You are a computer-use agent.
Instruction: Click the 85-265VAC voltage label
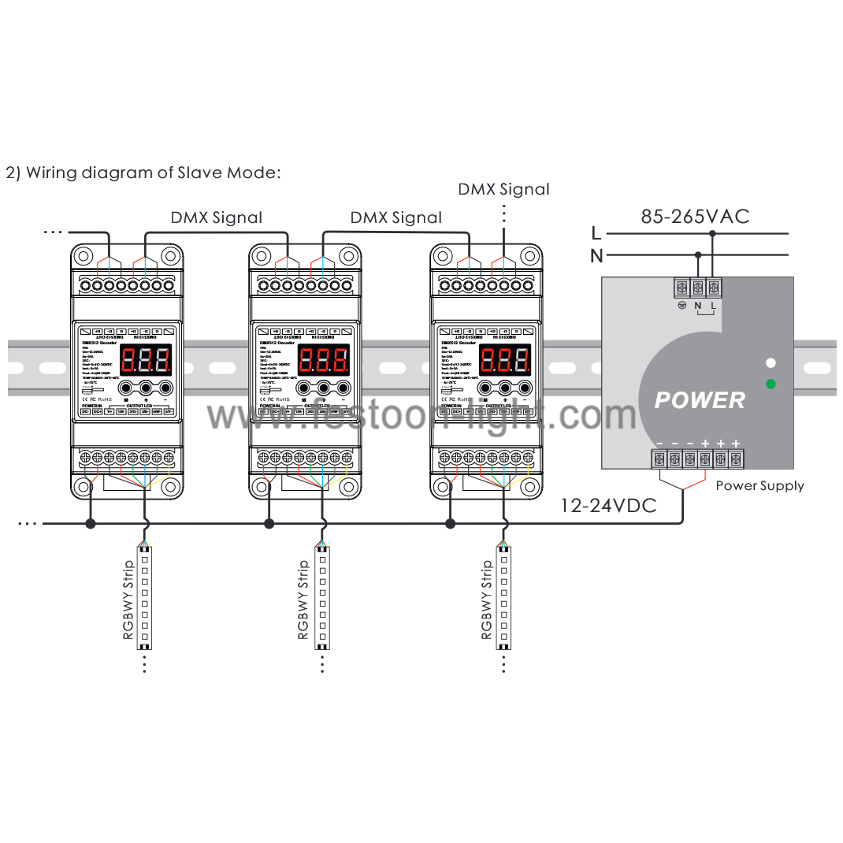pyautogui.click(x=695, y=217)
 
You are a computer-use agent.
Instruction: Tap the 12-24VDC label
pyautogui.click(x=607, y=506)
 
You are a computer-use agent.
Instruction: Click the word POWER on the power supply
pyautogui.click(x=700, y=400)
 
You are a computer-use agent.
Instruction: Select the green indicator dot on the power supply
pyautogui.click(x=771, y=384)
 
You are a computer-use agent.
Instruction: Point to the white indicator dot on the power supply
pyautogui.click(x=771, y=363)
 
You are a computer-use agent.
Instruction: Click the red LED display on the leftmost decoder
pyautogui.click(x=147, y=361)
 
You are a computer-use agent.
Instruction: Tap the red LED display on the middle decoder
pyautogui.click(x=325, y=361)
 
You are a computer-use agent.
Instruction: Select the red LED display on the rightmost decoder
pyautogui.click(x=505, y=361)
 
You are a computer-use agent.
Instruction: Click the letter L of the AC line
pyautogui.click(x=596, y=233)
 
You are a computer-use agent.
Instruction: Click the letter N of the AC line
pyautogui.click(x=596, y=255)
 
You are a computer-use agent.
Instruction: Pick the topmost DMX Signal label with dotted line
pyautogui.click(x=503, y=189)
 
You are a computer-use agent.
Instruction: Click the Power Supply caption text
pyautogui.click(x=759, y=486)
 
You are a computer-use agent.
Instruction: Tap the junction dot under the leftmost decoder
pyautogui.click(x=91, y=523)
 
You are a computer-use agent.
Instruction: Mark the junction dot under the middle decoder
pyautogui.click(x=269, y=523)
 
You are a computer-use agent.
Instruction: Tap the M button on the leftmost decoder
pyautogui.click(x=126, y=387)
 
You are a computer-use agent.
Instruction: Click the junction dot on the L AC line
pyautogui.click(x=712, y=233)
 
